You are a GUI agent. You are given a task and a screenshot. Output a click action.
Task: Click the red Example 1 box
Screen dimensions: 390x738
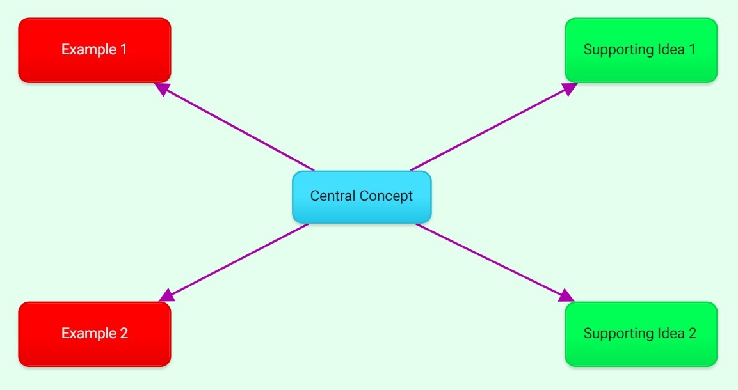tap(94, 50)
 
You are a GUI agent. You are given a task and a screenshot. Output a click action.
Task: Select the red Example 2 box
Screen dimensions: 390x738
tap(94, 334)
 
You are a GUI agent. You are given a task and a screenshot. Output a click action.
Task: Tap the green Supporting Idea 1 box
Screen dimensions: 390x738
tap(641, 50)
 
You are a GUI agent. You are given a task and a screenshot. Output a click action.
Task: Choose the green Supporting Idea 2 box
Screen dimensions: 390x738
tap(641, 334)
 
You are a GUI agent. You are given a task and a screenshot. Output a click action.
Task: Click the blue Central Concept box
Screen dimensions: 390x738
tap(362, 197)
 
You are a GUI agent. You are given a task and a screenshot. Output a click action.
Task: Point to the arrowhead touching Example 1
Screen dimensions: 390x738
tap(163, 88)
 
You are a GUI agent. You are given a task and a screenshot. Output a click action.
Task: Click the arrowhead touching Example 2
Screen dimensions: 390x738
tap(167, 295)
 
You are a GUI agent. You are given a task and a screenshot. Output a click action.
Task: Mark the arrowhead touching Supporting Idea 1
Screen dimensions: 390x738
tap(570, 88)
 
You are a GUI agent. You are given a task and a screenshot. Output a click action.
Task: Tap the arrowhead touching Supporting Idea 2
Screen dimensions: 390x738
tap(566, 295)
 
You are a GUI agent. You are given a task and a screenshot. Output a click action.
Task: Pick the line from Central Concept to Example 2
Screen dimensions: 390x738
tap(237, 260)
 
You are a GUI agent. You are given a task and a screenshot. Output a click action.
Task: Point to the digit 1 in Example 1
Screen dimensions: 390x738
tap(123, 49)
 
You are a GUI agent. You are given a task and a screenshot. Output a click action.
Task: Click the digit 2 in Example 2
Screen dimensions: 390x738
tap(124, 333)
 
